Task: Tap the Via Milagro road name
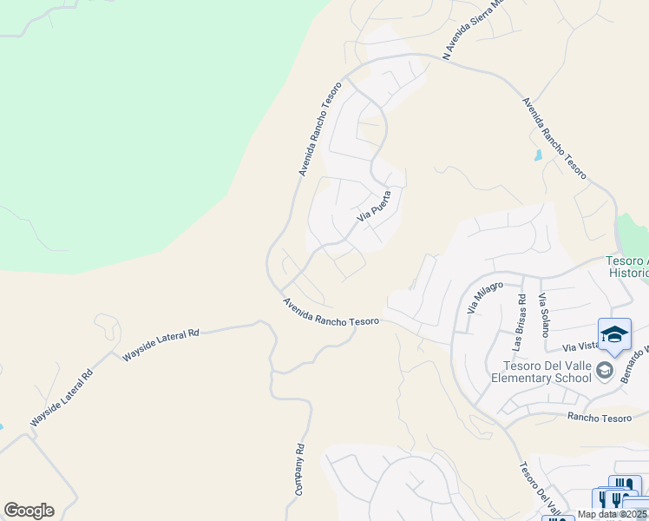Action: (484, 296)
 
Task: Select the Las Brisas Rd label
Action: (519, 322)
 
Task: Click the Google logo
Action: (29, 511)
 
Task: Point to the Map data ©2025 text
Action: (612, 515)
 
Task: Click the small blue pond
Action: (539, 157)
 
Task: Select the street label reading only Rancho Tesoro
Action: (600, 418)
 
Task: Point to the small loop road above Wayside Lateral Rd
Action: (108, 326)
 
